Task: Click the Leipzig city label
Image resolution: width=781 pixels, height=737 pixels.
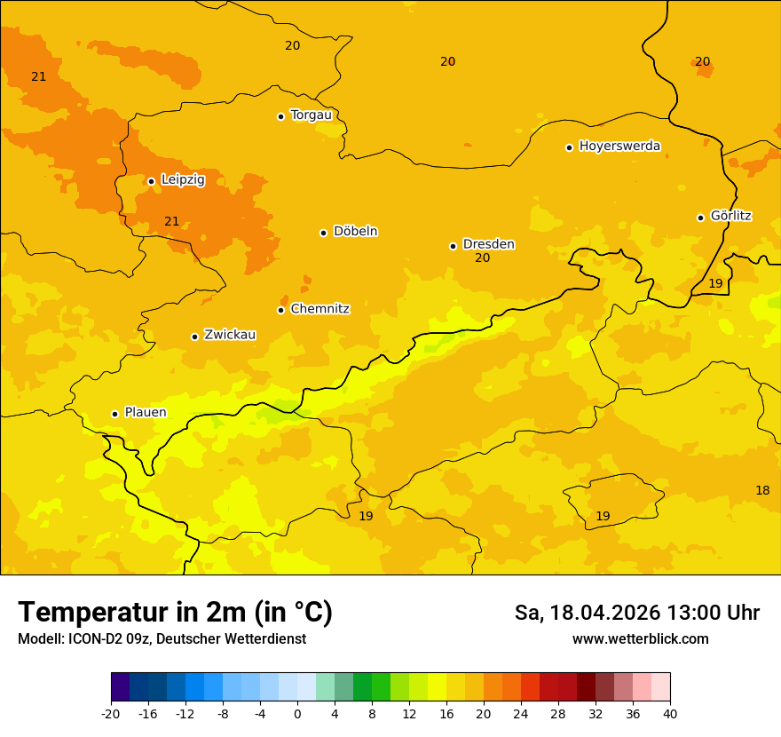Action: (x=183, y=179)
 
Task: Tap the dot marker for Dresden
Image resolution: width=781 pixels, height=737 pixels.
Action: (x=453, y=246)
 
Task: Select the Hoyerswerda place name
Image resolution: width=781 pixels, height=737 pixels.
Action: (x=619, y=146)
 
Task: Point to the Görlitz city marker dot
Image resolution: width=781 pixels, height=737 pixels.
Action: (x=700, y=218)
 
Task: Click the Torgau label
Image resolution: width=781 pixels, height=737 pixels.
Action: (x=311, y=115)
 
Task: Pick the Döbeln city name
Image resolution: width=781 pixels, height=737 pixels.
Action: (x=355, y=231)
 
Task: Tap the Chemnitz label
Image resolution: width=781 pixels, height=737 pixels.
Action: (x=319, y=309)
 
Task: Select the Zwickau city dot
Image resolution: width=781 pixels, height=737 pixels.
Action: (x=194, y=337)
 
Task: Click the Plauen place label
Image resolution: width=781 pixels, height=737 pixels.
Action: (x=146, y=412)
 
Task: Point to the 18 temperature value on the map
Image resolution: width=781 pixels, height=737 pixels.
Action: (x=762, y=490)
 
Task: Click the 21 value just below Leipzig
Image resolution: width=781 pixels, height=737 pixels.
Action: (x=172, y=221)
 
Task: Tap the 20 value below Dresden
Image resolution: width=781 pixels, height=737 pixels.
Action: (x=482, y=258)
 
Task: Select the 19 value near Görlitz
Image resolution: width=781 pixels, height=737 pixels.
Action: (x=715, y=283)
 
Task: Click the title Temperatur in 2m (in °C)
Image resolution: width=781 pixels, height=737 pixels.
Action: (x=175, y=612)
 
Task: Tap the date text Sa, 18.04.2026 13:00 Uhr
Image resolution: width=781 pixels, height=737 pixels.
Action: (x=637, y=613)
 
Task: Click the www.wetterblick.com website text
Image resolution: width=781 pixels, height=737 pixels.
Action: (x=640, y=638)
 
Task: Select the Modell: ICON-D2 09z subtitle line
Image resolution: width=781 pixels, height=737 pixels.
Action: (x=162, y=638)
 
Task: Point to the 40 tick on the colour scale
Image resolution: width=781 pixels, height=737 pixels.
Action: (x=670, y=712)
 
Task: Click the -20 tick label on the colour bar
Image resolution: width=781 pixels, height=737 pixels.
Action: (x=111, y=712)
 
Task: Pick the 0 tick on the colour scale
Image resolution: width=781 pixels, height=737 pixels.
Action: (x=297, y=712)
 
